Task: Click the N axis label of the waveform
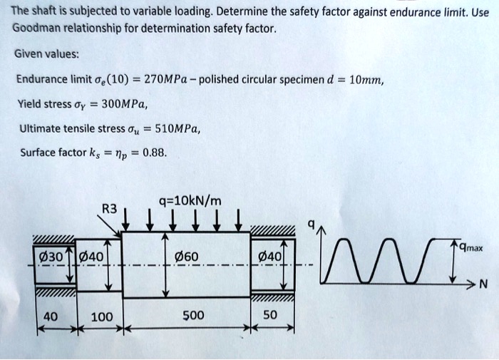tap(483, 286)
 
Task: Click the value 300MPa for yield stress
tap(124, 104)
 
